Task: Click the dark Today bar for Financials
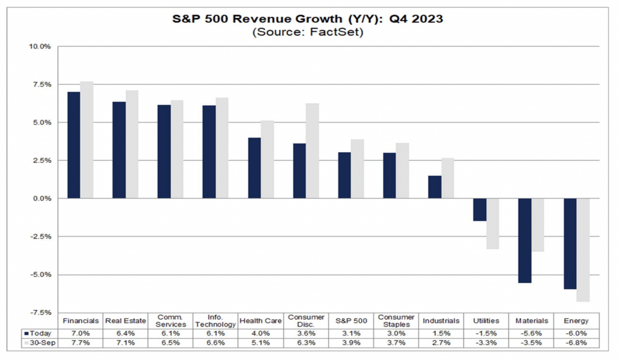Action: click(74, 145)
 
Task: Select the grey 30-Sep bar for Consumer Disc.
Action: click(312, 151)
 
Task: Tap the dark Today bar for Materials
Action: click(525, 240)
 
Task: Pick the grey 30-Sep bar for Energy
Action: click(583, 250)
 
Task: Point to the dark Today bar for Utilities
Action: click(480, 210)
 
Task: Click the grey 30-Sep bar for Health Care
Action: click(267, 159)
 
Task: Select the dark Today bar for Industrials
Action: click(435, 187)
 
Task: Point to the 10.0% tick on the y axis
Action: click(40, 46)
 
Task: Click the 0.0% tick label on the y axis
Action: click(42, 198)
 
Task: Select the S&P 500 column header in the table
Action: click(351, 321)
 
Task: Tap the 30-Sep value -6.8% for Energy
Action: click(576, 343)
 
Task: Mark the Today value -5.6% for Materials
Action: click(531, 333)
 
